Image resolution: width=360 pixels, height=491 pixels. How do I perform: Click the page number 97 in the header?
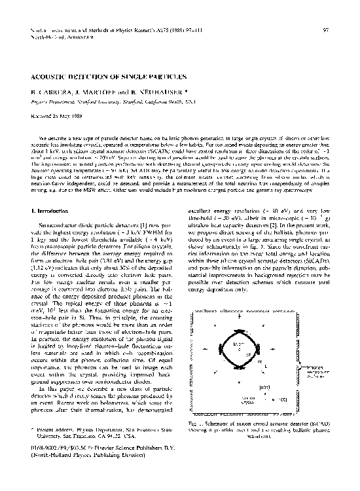(325, 31)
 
